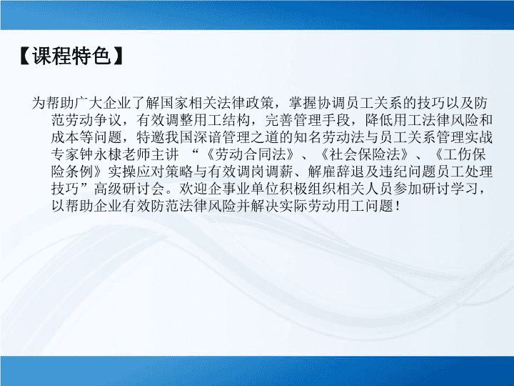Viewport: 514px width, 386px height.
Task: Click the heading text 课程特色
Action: click(x=71, y=56)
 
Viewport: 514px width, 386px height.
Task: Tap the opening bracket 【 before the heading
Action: click(x=26, y=56)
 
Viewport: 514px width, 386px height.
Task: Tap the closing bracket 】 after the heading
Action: click(x=118, y=56)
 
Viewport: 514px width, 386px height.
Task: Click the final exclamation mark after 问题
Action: click(x=398, y=206)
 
